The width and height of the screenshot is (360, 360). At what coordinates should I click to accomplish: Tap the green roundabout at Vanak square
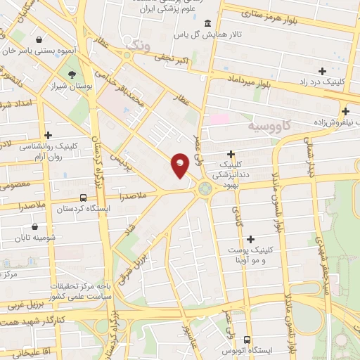[x=205, y=188]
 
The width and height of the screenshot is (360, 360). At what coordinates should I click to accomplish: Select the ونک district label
[x=139, y=48]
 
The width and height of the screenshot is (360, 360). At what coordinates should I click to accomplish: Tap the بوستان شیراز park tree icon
[x=71, y=75]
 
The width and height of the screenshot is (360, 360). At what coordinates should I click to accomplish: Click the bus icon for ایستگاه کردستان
[x=84, y=198]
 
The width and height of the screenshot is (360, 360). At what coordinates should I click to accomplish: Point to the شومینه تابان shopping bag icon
[x=35, y=227]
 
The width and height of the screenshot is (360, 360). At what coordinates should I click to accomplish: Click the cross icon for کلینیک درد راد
[x=322, y=71]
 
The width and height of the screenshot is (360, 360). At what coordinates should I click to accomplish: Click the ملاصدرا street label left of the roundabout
[x=134, y=195]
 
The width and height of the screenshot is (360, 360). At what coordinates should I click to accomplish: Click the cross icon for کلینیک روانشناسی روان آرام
[x=48, y=135]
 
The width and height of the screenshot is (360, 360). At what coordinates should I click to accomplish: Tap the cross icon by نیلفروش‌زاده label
[x=345, y=111]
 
